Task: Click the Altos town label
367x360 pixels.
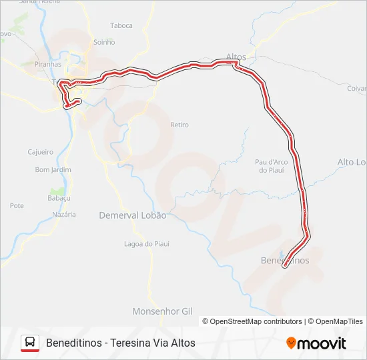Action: click(x=236, y=57)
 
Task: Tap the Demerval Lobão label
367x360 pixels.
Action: click(x=132, y=215)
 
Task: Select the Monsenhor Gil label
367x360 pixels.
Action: click(x=162, y=311)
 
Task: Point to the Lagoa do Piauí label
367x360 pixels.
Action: click(x=147, y=244)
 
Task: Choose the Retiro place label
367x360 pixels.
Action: click(x=179, y=125)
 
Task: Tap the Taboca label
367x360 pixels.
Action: click(x=121, y=25)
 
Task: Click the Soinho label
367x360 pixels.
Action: click(x=104, y=42)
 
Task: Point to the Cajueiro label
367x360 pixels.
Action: click(x=40, y=151)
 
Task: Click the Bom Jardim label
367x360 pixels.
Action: click(x=53, y=170)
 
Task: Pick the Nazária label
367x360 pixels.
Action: click(x=64, y=215)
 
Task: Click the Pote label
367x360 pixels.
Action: click(x=17, y=206)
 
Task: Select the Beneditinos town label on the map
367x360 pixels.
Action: click(x=285, y=260)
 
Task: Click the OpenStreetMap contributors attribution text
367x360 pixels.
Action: click(x=252, y=321)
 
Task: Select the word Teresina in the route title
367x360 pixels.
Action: click(x=131, y=343)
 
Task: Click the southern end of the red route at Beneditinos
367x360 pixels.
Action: click(x=286, y=266)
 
